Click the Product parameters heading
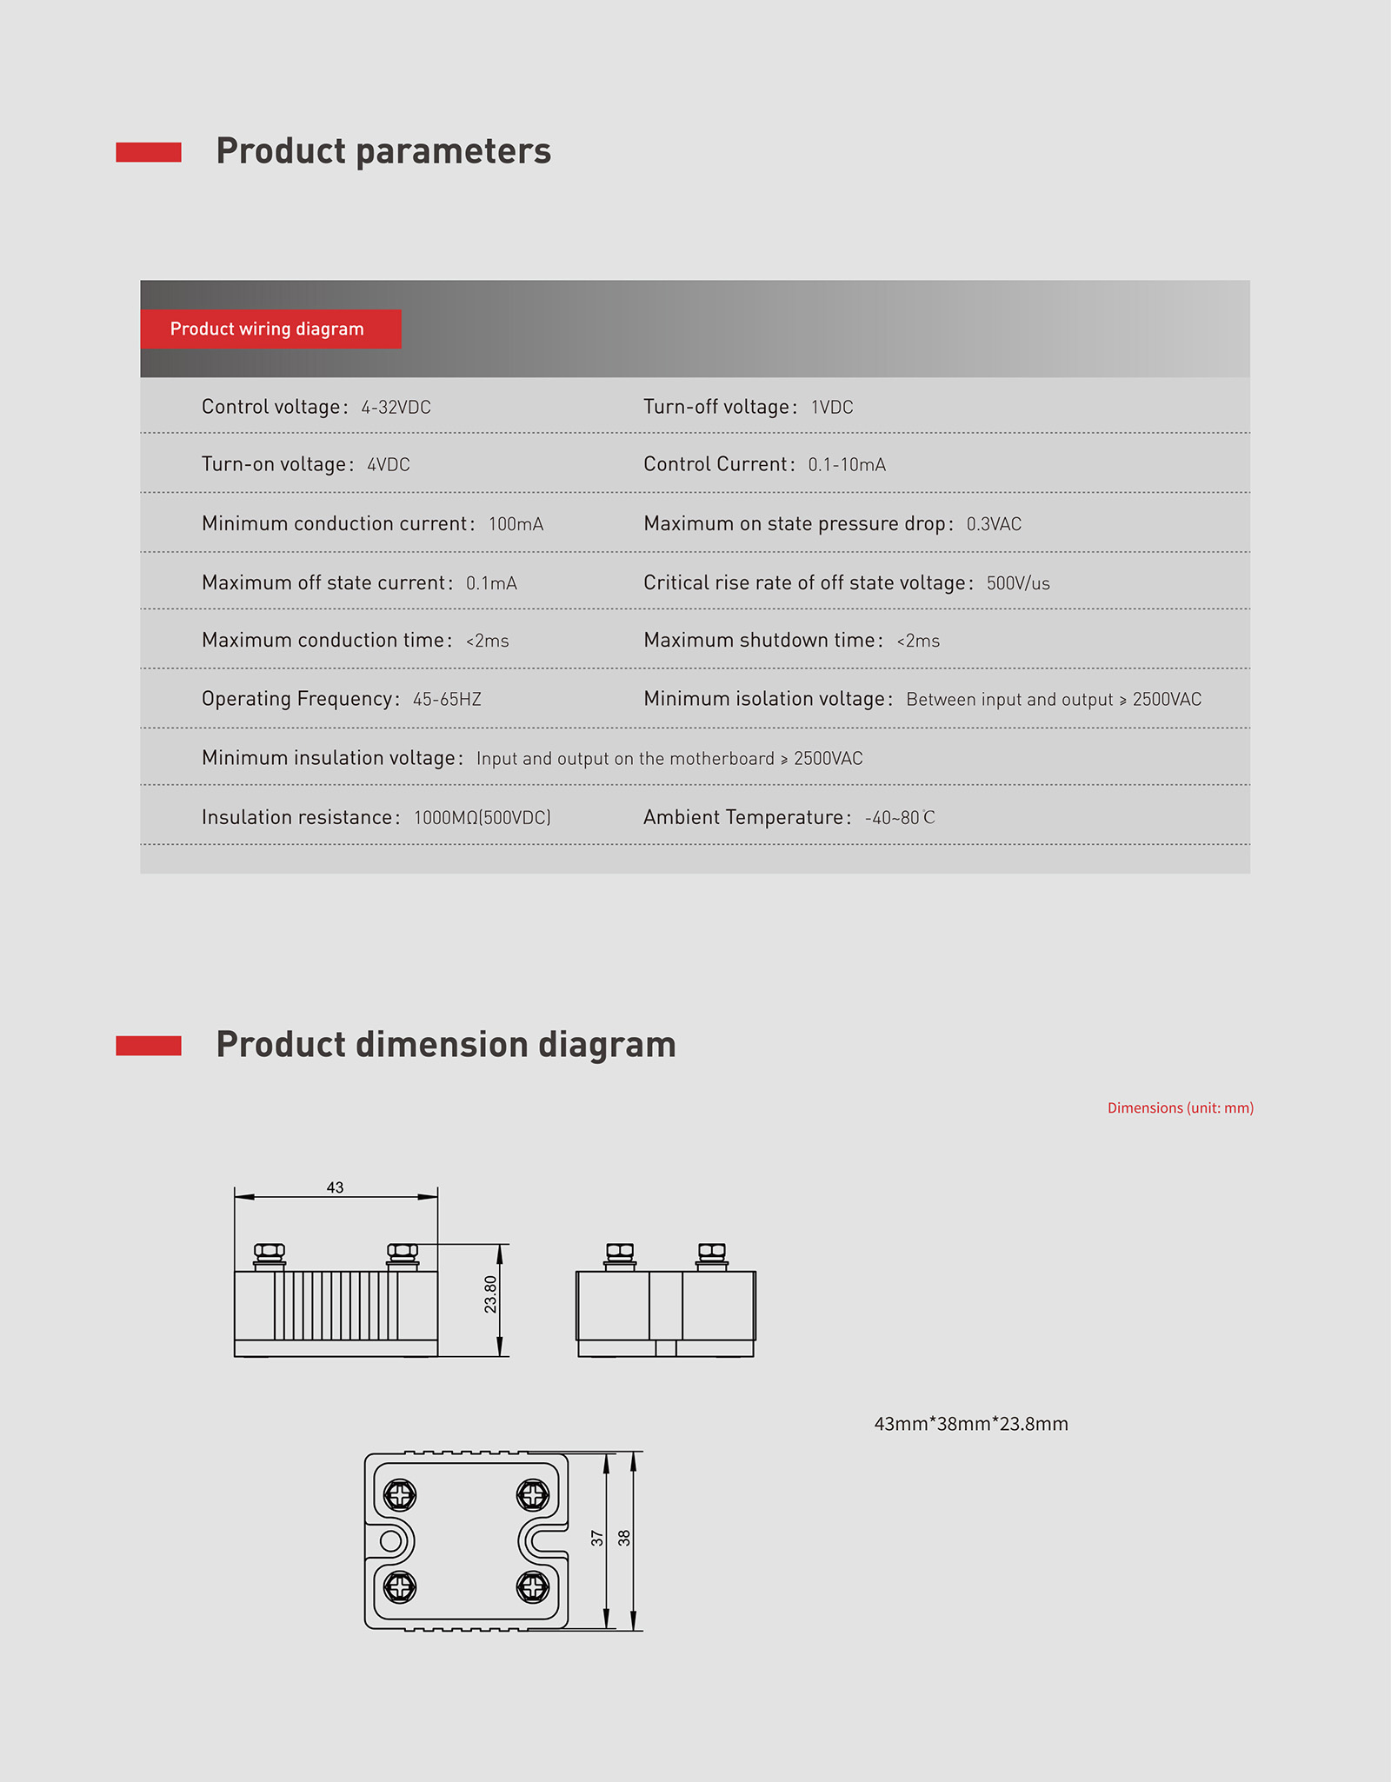383,151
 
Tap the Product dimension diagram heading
445,1045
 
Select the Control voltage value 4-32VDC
396,408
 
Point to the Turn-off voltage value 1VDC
832,408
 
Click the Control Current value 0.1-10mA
847,465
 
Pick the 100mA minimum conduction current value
516,524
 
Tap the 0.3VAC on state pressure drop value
994,524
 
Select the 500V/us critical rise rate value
1018,583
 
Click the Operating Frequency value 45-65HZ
447,700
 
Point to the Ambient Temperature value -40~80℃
900,818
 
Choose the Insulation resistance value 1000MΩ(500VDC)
482,818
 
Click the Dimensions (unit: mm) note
1180,1107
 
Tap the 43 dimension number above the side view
335,1187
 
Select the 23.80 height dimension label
491,1294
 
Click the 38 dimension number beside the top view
624,1538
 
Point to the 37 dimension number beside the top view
597,1538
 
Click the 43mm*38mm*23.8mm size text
971,1424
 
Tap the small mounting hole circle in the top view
390,1541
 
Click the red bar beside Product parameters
149,152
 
